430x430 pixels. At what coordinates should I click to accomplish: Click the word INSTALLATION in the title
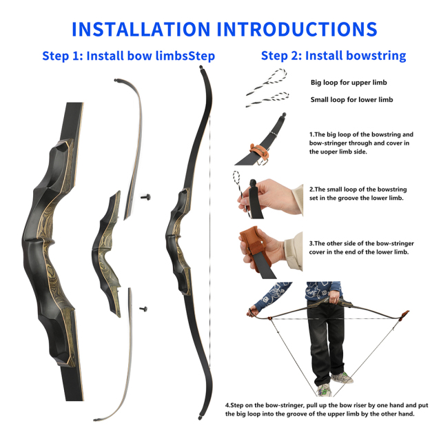pyautogui.click(x=141, y=29)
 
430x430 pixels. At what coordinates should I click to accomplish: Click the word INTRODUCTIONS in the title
pyautogui.click(x=297, y=29)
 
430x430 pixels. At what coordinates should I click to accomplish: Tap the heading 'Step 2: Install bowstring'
pyautogui.click(x=333, y=56)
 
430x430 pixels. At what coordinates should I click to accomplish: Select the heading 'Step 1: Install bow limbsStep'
pyautogui.click(x=129, y=56)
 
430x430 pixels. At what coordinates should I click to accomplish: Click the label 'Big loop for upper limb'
pyautogui.click(x=348, y=83)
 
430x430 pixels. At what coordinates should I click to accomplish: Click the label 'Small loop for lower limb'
pyautogui.click(x=351, y=100)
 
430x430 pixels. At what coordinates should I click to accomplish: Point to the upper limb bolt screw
pyautogui.click(x=146, y=197)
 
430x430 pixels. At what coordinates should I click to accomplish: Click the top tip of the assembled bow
pyautogui.click(x=201, y=70)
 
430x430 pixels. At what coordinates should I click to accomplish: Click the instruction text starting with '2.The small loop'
pyautogui.click(x=357, y=193)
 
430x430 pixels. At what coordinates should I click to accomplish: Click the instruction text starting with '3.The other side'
pyautogui.click(x=358, y=247)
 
